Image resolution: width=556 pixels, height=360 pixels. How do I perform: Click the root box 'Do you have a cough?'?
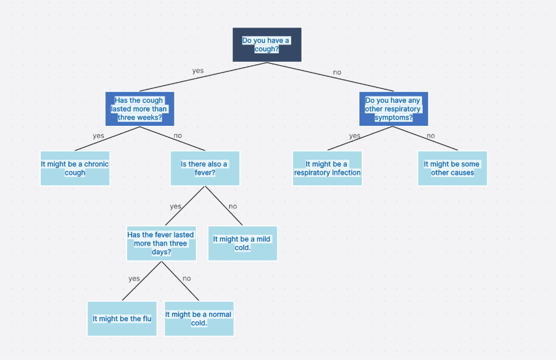(267, 44)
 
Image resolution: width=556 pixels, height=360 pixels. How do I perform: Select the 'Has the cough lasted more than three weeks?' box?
(140, 109)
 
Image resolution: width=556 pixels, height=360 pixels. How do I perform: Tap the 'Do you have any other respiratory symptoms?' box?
(393, 109)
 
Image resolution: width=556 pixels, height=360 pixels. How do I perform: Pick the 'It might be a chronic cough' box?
(75, 168)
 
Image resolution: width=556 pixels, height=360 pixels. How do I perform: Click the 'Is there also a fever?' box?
(205, 168)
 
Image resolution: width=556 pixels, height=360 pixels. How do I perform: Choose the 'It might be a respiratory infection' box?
(327, 168)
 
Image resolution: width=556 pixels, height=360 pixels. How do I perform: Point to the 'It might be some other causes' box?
(452, 168)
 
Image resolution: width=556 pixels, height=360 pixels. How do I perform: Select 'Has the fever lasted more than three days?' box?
(161, 244)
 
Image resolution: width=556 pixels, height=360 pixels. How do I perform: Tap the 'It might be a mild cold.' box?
(242, 244)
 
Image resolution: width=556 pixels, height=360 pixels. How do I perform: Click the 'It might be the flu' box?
(122, 319)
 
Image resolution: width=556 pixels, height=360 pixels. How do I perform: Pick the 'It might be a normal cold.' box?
(198, 319)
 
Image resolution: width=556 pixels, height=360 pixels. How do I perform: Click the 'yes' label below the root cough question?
(198, 71)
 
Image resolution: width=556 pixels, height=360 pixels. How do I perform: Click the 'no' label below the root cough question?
(337, 72)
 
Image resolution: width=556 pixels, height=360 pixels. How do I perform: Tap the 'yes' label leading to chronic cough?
(98, 136)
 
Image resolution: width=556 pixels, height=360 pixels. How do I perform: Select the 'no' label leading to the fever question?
(178, 136)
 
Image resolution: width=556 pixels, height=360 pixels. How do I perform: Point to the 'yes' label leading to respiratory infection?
(354, 136)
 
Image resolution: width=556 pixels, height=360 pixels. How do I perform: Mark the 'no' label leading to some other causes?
(431, 136)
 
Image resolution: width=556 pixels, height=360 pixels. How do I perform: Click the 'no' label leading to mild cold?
(233, 207)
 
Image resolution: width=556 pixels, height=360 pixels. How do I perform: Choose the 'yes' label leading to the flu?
(134, 279)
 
